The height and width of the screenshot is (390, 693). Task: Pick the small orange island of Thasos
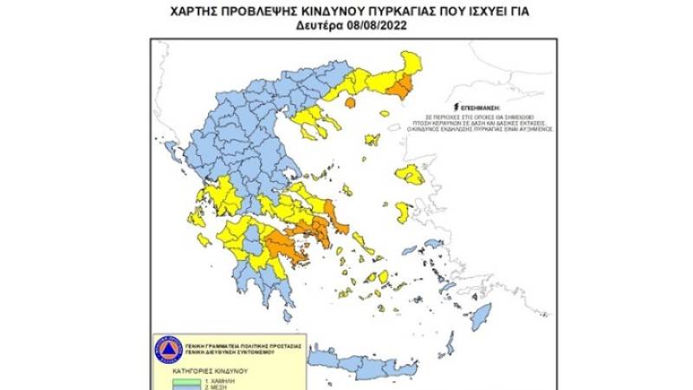351,103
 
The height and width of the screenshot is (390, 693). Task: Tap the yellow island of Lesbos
409,174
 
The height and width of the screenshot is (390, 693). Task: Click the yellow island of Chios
403,211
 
